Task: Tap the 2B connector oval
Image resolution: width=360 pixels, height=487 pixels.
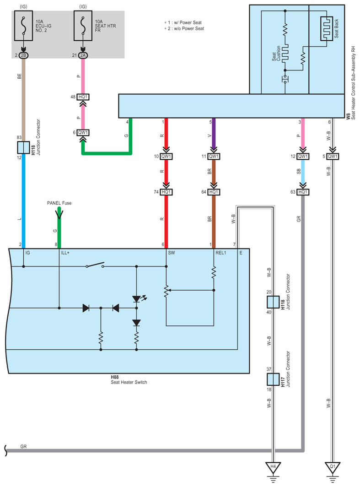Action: point(24,55)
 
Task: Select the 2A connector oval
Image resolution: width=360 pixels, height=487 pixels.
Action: point(83,55)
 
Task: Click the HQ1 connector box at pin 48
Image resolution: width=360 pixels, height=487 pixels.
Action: point(83,97)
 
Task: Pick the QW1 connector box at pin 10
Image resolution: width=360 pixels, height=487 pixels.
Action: point(166,157)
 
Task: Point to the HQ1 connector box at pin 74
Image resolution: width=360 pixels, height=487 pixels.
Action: point(166,192)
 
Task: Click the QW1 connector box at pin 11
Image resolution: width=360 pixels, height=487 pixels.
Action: point(214,157)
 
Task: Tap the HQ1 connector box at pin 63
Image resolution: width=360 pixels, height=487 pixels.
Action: point(302,192)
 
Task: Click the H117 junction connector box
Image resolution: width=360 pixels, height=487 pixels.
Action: point(273,379)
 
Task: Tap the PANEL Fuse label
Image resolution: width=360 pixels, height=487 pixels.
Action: point(59,202)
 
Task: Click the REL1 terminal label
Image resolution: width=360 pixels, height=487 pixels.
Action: point(221,253)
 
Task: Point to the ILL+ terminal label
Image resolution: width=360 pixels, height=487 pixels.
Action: point(65,253)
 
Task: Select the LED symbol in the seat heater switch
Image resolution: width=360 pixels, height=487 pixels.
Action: point(136,299)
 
